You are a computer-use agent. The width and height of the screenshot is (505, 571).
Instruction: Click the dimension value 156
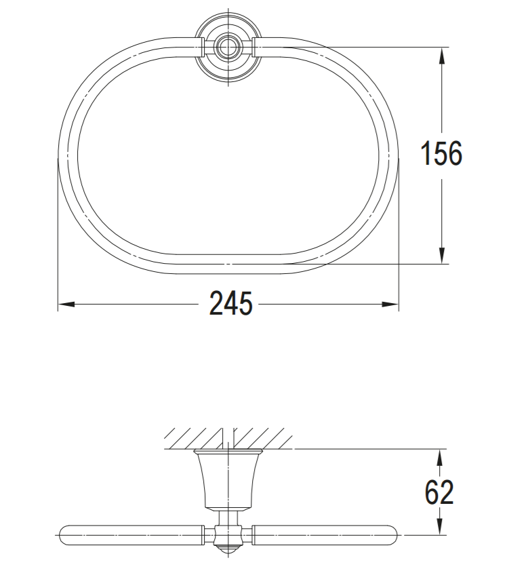pyautogui.click(x=441, y=154)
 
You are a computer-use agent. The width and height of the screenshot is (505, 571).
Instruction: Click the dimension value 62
pyautogui.click(x=439, y=492)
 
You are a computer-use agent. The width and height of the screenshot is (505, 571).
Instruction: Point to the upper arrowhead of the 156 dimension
pyautogui.click(x=442, y=54)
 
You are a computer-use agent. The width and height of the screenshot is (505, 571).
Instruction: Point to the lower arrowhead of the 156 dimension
pyautogui.click(x=442, y=256)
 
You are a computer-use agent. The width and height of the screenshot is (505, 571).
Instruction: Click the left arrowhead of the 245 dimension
pyautogui.click(x=65, y=304)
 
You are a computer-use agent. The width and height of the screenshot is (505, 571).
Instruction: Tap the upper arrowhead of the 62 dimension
pyautogui.click(x=440, y=456)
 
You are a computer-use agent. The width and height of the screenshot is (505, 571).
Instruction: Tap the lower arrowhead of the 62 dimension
pyautogui.click(x=440, y=528)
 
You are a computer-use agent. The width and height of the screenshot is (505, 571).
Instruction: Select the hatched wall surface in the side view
pyautogui.click(x=228, y=437)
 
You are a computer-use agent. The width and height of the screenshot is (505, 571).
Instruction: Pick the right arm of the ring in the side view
pyautogui.click(x=325, y=535)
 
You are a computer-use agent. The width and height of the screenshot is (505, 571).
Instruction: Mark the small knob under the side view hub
pyautogui.click(x=228, y=548)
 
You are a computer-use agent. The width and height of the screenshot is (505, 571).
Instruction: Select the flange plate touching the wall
pyautogui.click(x=228, y=451)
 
